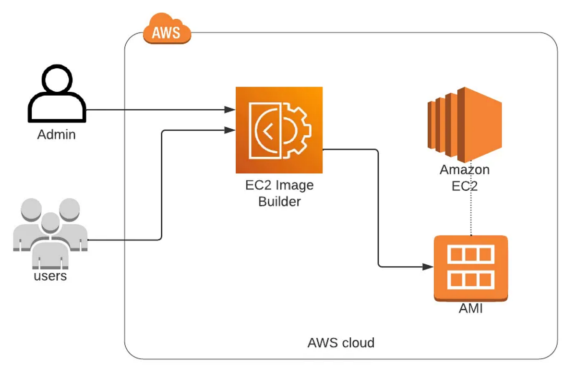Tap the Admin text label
coord(57,135)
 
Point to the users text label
coord(50,276)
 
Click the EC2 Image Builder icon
coord(279,130)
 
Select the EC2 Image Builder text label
coord(279,193)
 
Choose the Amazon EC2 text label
coord(465,178)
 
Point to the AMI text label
coord(470,309)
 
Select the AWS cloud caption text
coord(340,343)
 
